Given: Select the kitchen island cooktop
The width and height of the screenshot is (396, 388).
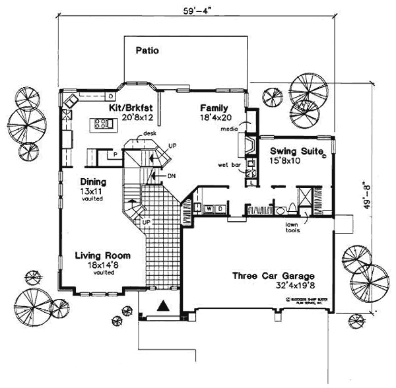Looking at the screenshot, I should pos(102,122).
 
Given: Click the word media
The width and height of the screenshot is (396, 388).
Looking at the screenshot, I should pos(230,130).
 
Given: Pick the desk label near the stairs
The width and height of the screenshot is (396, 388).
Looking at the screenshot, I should pos(150,133).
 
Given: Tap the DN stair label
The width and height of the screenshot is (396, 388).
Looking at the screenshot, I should pos(172,176).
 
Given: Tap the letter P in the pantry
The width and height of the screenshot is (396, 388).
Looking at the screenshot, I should pos(114,155).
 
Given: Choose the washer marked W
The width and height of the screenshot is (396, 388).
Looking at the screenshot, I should pos(209,208).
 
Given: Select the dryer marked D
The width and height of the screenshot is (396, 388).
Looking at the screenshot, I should pos(218,208).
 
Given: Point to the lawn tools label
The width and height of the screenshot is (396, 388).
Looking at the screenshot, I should pos(292,228).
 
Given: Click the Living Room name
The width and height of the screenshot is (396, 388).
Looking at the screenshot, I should pos(102,255).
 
